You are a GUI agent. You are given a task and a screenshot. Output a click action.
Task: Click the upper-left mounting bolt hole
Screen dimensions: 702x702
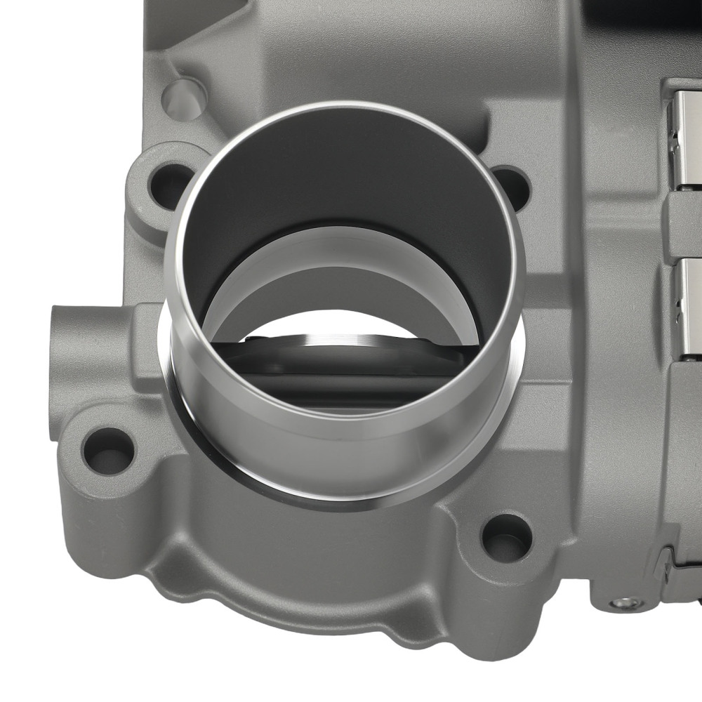point(169,185)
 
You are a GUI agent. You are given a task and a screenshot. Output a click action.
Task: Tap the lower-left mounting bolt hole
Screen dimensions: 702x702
point(107,450)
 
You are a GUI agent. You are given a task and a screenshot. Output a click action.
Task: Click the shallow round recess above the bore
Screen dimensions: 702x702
point(184,99)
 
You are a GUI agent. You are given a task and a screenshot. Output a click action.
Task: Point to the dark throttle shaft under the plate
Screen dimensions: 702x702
point(337,383)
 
